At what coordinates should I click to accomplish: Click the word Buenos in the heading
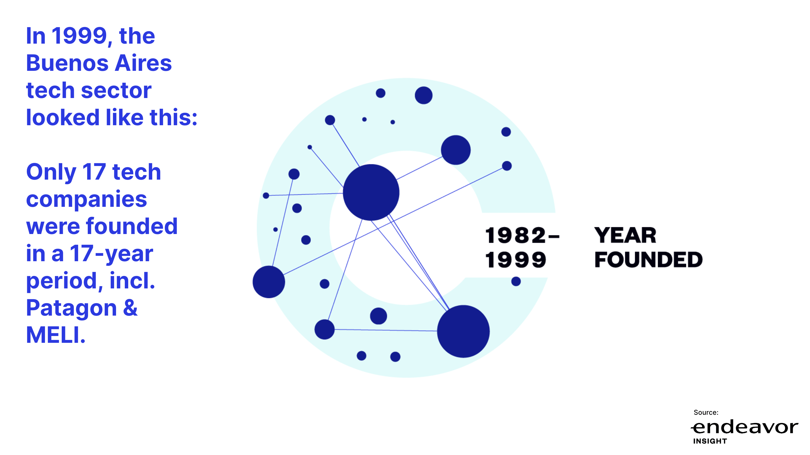pyautogui.click(x=67, y=63)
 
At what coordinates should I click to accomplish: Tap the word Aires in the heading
pyautogui.click(x=143, y=63)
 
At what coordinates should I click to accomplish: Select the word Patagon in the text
pyautogui.click(x=71, y=308)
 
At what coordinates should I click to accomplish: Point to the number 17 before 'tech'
pyautogui.click(x=94, y=172)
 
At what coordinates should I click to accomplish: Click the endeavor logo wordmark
pyautogui.click(x=744, y=427)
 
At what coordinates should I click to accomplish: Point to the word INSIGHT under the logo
pyautogui.click(x=710, y=441)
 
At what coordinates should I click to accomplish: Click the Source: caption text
pyautogui.click(x=706, y=413)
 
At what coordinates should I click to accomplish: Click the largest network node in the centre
pyautogui.click(x=371, y=192)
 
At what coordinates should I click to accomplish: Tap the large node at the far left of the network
pyautogui.click(x=269, y=282)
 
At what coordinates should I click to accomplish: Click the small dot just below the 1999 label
pyautogui.click(x=516, y=281)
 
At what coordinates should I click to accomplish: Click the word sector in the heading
pyautogui.click(x=116, y=91)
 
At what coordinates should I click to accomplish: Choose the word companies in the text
pyautogui.click(x=87, y=200)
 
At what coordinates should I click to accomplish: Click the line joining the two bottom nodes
pyautogui.click(x=386, y=330)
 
